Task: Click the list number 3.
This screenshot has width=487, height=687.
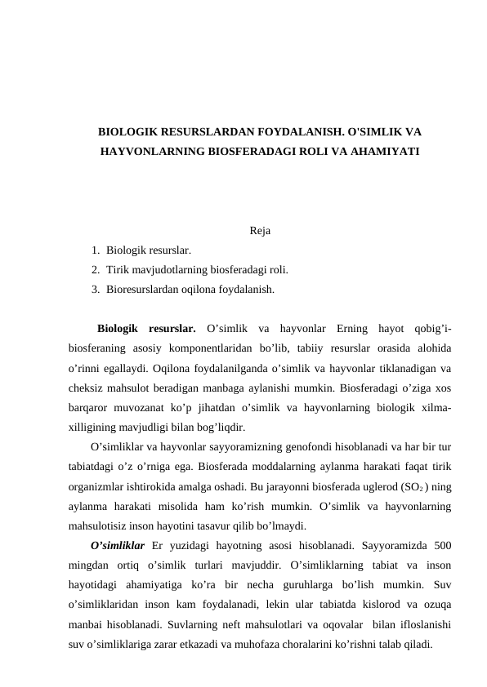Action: (x=96, y=288)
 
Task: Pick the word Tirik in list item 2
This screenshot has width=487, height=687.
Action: (x=118, y=268)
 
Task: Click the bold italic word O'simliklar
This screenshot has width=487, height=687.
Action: (x=118, y=544)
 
